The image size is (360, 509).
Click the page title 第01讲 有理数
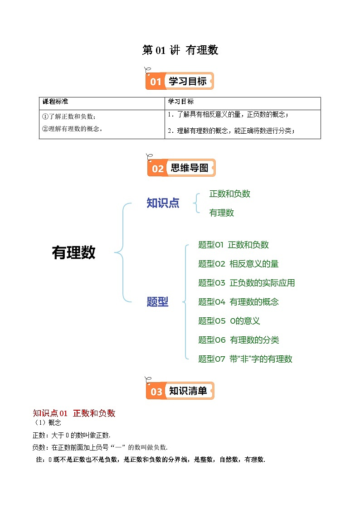pos(180,50)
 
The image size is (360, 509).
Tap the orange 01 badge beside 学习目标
pos(156,82)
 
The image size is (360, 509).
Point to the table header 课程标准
pos(55,102)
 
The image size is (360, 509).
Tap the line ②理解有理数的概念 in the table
pos(72,129)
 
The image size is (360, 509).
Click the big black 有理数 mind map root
pos(74,253)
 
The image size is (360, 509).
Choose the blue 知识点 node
pos(163,203)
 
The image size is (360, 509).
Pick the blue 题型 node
pos(157,302)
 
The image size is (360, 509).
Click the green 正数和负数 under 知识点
pos(229,194)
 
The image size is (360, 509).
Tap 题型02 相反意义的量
pos(238,264)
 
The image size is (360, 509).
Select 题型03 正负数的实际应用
pos(246,283)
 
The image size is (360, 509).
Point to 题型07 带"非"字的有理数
pos(245,359)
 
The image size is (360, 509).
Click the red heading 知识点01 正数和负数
pos(74,413)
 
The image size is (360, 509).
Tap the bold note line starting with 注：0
pos(150,459)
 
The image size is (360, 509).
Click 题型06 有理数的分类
pos(238,340)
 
